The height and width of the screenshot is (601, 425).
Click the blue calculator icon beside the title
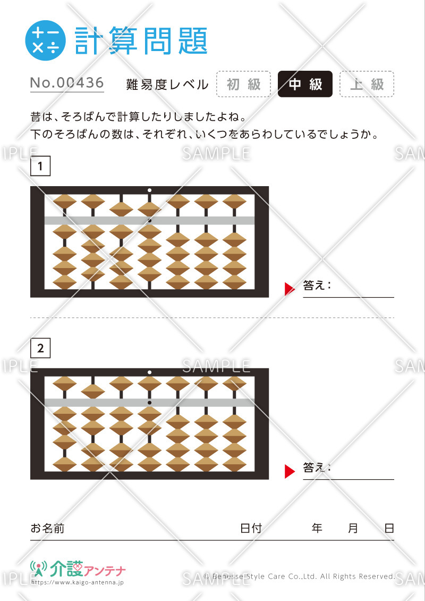[45, 40]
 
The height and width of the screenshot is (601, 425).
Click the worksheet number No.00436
[67, 83]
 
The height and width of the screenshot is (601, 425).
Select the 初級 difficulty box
[243, 84]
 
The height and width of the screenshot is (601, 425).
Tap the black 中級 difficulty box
[305, 84]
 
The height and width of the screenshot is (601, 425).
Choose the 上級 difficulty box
[367, 84]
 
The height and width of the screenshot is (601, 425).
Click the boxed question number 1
[40, 166]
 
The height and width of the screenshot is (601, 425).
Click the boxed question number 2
[40, 348]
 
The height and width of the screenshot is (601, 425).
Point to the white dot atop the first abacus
[149, 190]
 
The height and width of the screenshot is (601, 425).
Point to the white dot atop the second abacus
[149, 372]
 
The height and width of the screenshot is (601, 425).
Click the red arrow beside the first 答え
[290, 289]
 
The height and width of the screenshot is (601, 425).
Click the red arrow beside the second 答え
[290, 471]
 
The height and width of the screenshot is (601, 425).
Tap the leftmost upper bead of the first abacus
[64, 202]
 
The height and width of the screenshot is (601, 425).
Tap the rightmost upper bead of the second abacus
[234, 383]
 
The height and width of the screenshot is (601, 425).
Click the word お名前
[47, 528]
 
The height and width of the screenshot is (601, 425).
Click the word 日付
[251, 528]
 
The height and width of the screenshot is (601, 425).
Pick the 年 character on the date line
[317, 528]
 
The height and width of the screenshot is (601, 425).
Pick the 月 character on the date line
[353, 528]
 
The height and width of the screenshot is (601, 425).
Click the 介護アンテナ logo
[78, 569]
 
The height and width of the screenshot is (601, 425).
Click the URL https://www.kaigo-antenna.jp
[78, 582]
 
